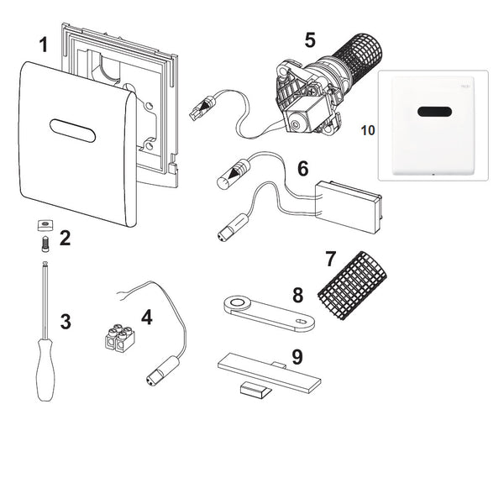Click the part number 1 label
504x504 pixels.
pyautogui.click(x=43, y=45)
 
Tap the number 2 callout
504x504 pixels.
pyautogui.click(x=65, y=238)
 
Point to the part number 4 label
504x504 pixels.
pyautogui.click(x=146, y=318)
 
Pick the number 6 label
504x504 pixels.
pyautogui.click(x=302, y=169)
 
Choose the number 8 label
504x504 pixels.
pyautogui.click(x=297, y=296)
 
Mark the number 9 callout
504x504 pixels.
pyautogui.click(x=296, y=357)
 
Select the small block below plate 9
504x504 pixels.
pyautogui.click(x=251, y=388)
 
